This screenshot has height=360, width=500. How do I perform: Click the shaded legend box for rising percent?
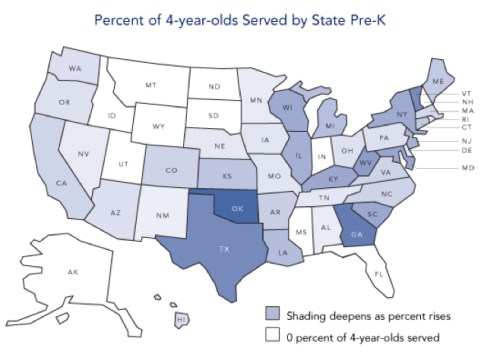click(x=271, y=316)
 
